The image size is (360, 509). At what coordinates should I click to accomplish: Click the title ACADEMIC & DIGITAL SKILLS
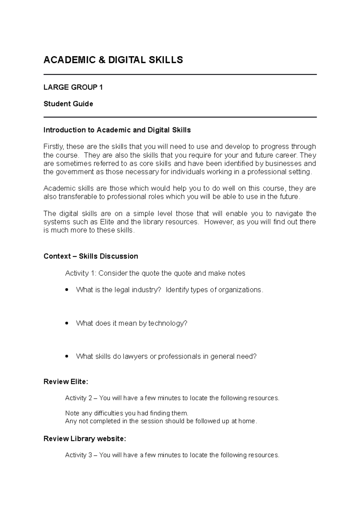point(113,60)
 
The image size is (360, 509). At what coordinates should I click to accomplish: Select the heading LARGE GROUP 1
point(73,87)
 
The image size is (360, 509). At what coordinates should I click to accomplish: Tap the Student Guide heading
point(68,104)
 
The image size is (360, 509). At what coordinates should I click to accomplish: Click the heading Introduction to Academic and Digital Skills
point(117,130)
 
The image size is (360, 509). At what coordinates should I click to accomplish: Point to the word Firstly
point(53,147)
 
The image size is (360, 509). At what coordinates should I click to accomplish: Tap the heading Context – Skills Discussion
point(91,256)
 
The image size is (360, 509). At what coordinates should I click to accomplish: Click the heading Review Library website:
point(85,439)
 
